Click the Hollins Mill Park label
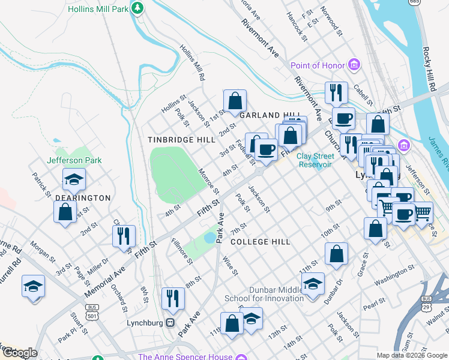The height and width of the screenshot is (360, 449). [99, 9]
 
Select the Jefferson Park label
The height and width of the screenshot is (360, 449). [74, 160]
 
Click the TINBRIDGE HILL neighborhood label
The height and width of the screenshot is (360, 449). [181, 139]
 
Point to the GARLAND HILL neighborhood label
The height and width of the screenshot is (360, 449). [268, 115]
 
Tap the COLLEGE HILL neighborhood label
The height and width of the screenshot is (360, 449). [261, 241]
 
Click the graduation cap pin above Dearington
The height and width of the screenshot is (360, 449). [74, 179]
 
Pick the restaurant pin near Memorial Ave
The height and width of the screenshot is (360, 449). [124, 235]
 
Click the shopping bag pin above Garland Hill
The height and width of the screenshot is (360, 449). [235, 100]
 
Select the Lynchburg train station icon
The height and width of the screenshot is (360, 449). [170, 323]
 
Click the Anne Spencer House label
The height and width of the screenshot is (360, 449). [185, 356]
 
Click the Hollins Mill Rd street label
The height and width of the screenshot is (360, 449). [193, 63]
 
